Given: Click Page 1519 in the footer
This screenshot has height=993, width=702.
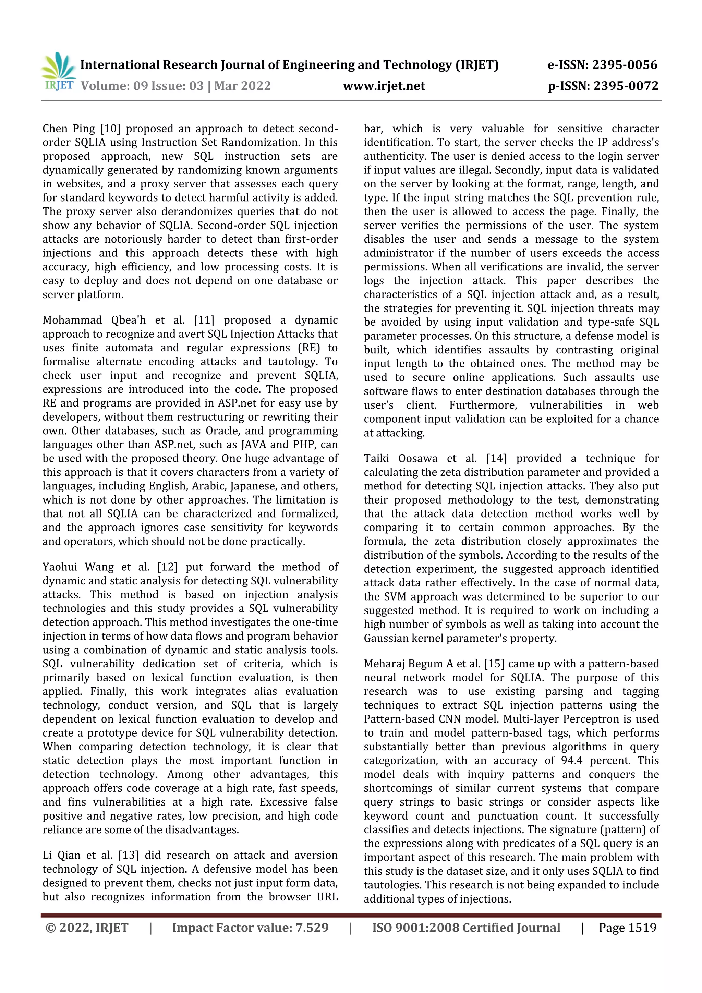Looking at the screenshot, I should coord(627,928).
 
